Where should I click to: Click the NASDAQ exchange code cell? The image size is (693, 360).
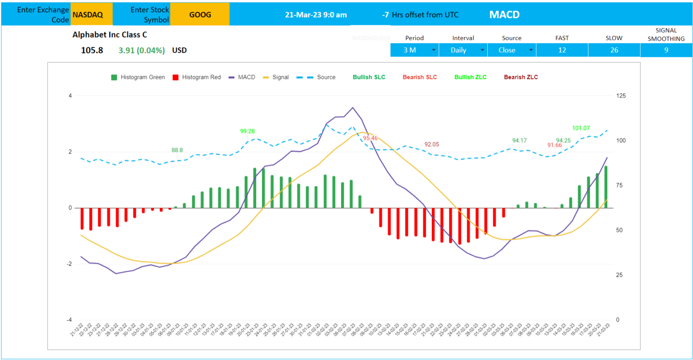(88, 14)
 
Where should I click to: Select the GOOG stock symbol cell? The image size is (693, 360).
(200, 14)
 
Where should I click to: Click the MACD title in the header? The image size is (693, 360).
(504, 14)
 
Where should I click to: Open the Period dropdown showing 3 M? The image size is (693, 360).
(414, 50)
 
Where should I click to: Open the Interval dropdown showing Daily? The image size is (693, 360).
(463, 50)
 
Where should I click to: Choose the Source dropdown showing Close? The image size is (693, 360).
(512, 50)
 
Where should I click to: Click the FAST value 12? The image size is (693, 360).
(562, 50)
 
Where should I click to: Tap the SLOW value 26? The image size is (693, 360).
(614, 50)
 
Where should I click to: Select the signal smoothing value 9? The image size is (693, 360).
(666, 50)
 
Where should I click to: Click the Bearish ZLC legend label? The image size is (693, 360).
(521, 77)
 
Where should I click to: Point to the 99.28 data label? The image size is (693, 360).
(247, 131)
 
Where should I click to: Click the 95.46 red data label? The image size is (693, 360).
(370, 138)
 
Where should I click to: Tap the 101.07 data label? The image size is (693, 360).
(581, 128)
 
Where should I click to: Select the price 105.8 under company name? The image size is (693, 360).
(92, 50)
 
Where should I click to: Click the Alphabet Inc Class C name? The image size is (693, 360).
(110, 35)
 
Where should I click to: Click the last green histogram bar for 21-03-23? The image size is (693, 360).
(606, 187)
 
